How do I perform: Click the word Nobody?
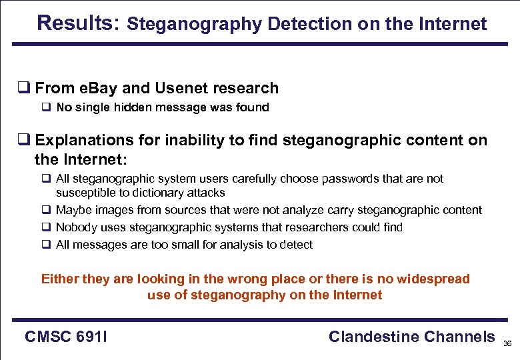(76, 227)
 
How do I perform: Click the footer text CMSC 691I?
(66, 337)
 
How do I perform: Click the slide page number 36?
(507, 344)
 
